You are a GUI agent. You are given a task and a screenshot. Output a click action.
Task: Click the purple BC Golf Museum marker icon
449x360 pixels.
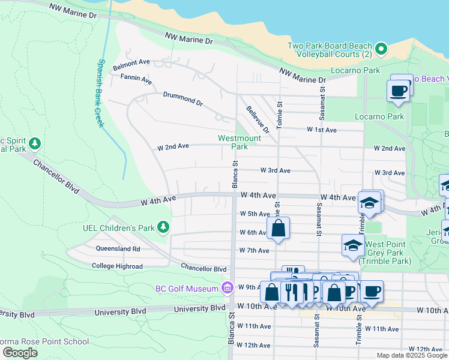coord(226,289)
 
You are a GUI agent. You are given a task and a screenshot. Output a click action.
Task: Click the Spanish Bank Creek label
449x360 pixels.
coord(100,93)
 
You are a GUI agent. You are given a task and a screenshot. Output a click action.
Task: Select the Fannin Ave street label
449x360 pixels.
coord(136,78)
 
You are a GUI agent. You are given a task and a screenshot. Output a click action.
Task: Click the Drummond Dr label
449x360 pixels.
coord(182,98)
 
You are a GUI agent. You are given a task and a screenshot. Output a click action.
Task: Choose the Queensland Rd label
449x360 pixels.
coord(118,248)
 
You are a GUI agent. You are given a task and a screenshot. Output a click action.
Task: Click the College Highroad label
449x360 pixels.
coord(117,266)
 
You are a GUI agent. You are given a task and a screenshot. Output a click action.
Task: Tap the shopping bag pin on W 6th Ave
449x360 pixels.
coord(279,228)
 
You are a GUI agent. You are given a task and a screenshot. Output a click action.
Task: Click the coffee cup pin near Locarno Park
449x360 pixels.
coord(399,90)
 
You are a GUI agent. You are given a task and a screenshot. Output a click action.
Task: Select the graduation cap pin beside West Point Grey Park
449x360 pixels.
coord(353,245)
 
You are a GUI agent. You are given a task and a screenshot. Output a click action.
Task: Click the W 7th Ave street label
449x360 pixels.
coord(254,250)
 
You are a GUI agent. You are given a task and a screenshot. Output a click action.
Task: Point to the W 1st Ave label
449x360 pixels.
coord(322,130)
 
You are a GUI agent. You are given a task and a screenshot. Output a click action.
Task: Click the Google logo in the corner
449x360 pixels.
coord(20,353)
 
